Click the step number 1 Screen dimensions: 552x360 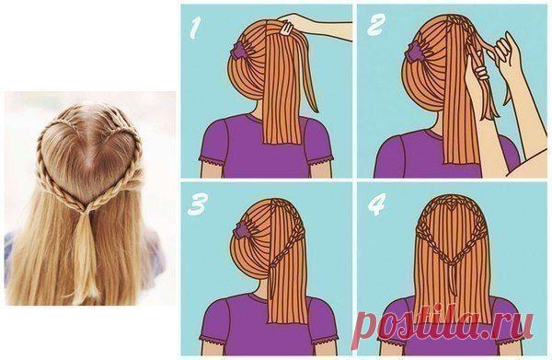click(195, 28)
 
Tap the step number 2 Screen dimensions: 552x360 click(375, 26)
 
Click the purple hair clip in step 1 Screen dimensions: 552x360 click(238, 51)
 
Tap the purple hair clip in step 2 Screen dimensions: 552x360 click(415, 50)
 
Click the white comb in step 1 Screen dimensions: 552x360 click(286, 28)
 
